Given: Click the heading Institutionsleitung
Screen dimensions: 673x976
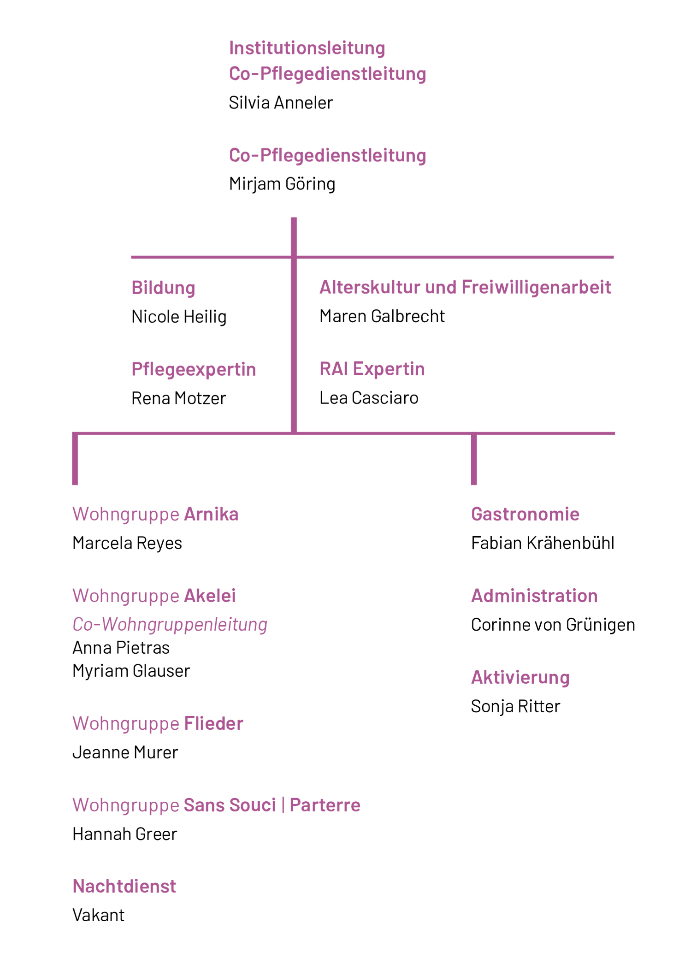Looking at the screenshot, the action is point(307,48).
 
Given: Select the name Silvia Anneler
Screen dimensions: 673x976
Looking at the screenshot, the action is point(281,102).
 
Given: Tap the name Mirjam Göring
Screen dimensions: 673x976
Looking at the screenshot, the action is point(282,184).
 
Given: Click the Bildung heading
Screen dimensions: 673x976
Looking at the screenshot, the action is point(163,288).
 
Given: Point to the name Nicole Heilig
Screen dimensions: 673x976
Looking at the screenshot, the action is point(179,317).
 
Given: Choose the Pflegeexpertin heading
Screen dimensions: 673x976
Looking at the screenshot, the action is point(194,370).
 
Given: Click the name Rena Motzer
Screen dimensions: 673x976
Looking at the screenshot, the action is point(179,398).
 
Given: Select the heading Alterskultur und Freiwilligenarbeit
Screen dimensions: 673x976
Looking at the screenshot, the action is point(466,287).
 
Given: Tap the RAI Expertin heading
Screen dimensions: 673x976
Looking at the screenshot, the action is point(372,369).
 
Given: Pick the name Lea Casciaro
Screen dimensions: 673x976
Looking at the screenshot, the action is point(369,398).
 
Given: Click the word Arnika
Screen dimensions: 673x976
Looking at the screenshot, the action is point(211,514).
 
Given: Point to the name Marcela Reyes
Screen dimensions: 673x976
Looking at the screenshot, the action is point(127,543).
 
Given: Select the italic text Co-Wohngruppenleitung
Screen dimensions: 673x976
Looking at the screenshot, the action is point(170,625).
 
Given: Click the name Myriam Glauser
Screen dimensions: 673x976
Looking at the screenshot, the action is point(131,671).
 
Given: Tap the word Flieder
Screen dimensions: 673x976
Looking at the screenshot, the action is point(213,723).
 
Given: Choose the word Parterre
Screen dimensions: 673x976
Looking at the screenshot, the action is point(325,805).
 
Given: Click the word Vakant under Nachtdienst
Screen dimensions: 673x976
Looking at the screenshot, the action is point(99,915).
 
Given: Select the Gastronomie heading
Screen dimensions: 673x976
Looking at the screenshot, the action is point(525,514).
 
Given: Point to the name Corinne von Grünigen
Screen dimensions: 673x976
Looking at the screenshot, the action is point(553,625).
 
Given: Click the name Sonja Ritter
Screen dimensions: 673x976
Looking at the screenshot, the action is point(515,706).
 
